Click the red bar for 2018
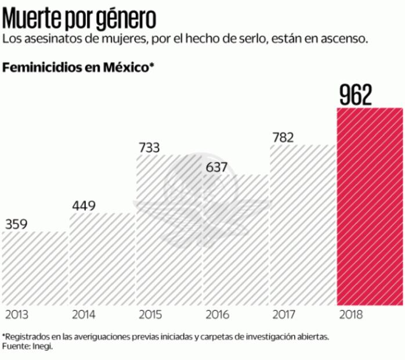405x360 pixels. coord(370,206)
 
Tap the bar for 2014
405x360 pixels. coord(102,259)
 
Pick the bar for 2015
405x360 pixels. coord(169,232)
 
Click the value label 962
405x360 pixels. coord(356,96)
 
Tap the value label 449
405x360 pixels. coord(85,205)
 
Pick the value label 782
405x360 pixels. coord(283,138)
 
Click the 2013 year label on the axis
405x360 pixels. coord(17,315)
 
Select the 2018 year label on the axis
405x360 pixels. coord(350,315)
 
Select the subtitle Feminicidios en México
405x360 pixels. coord(78,67)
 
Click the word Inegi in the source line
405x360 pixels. coord(42,347)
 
